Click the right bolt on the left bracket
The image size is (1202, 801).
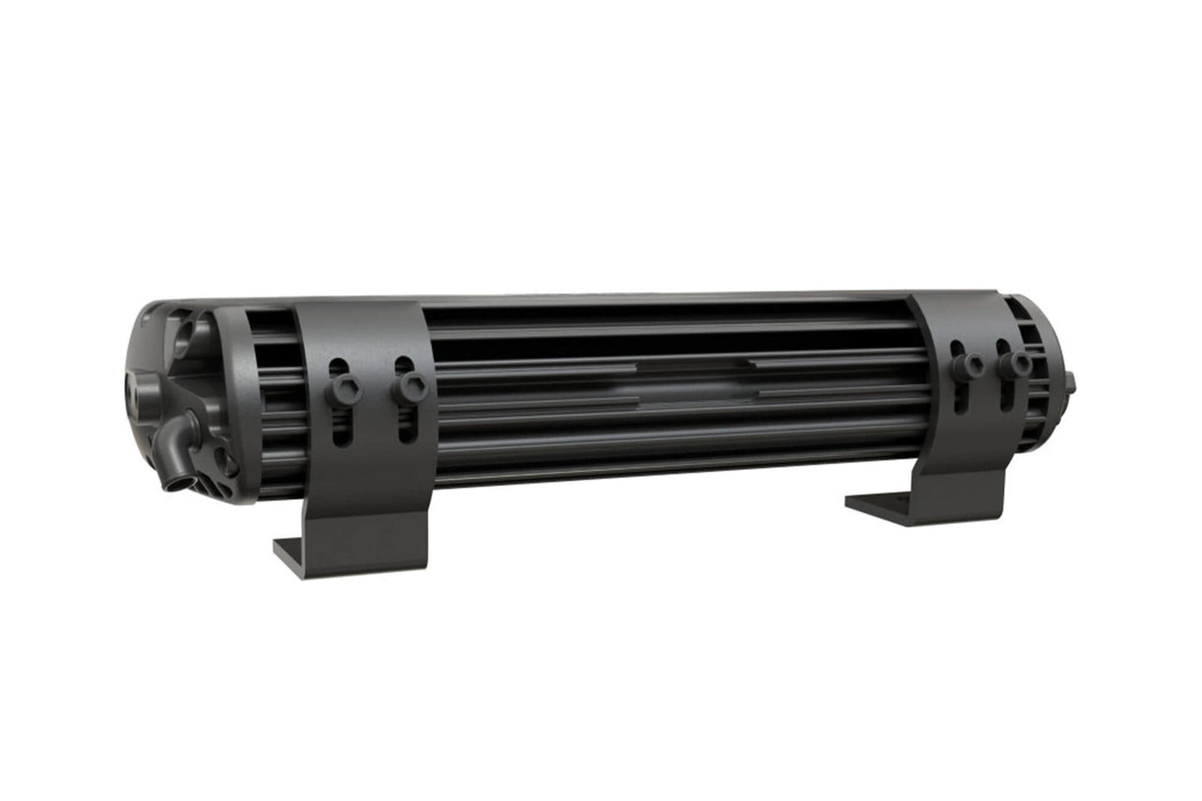(x=409, y=383)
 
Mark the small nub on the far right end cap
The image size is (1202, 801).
(x=1072, y=381)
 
